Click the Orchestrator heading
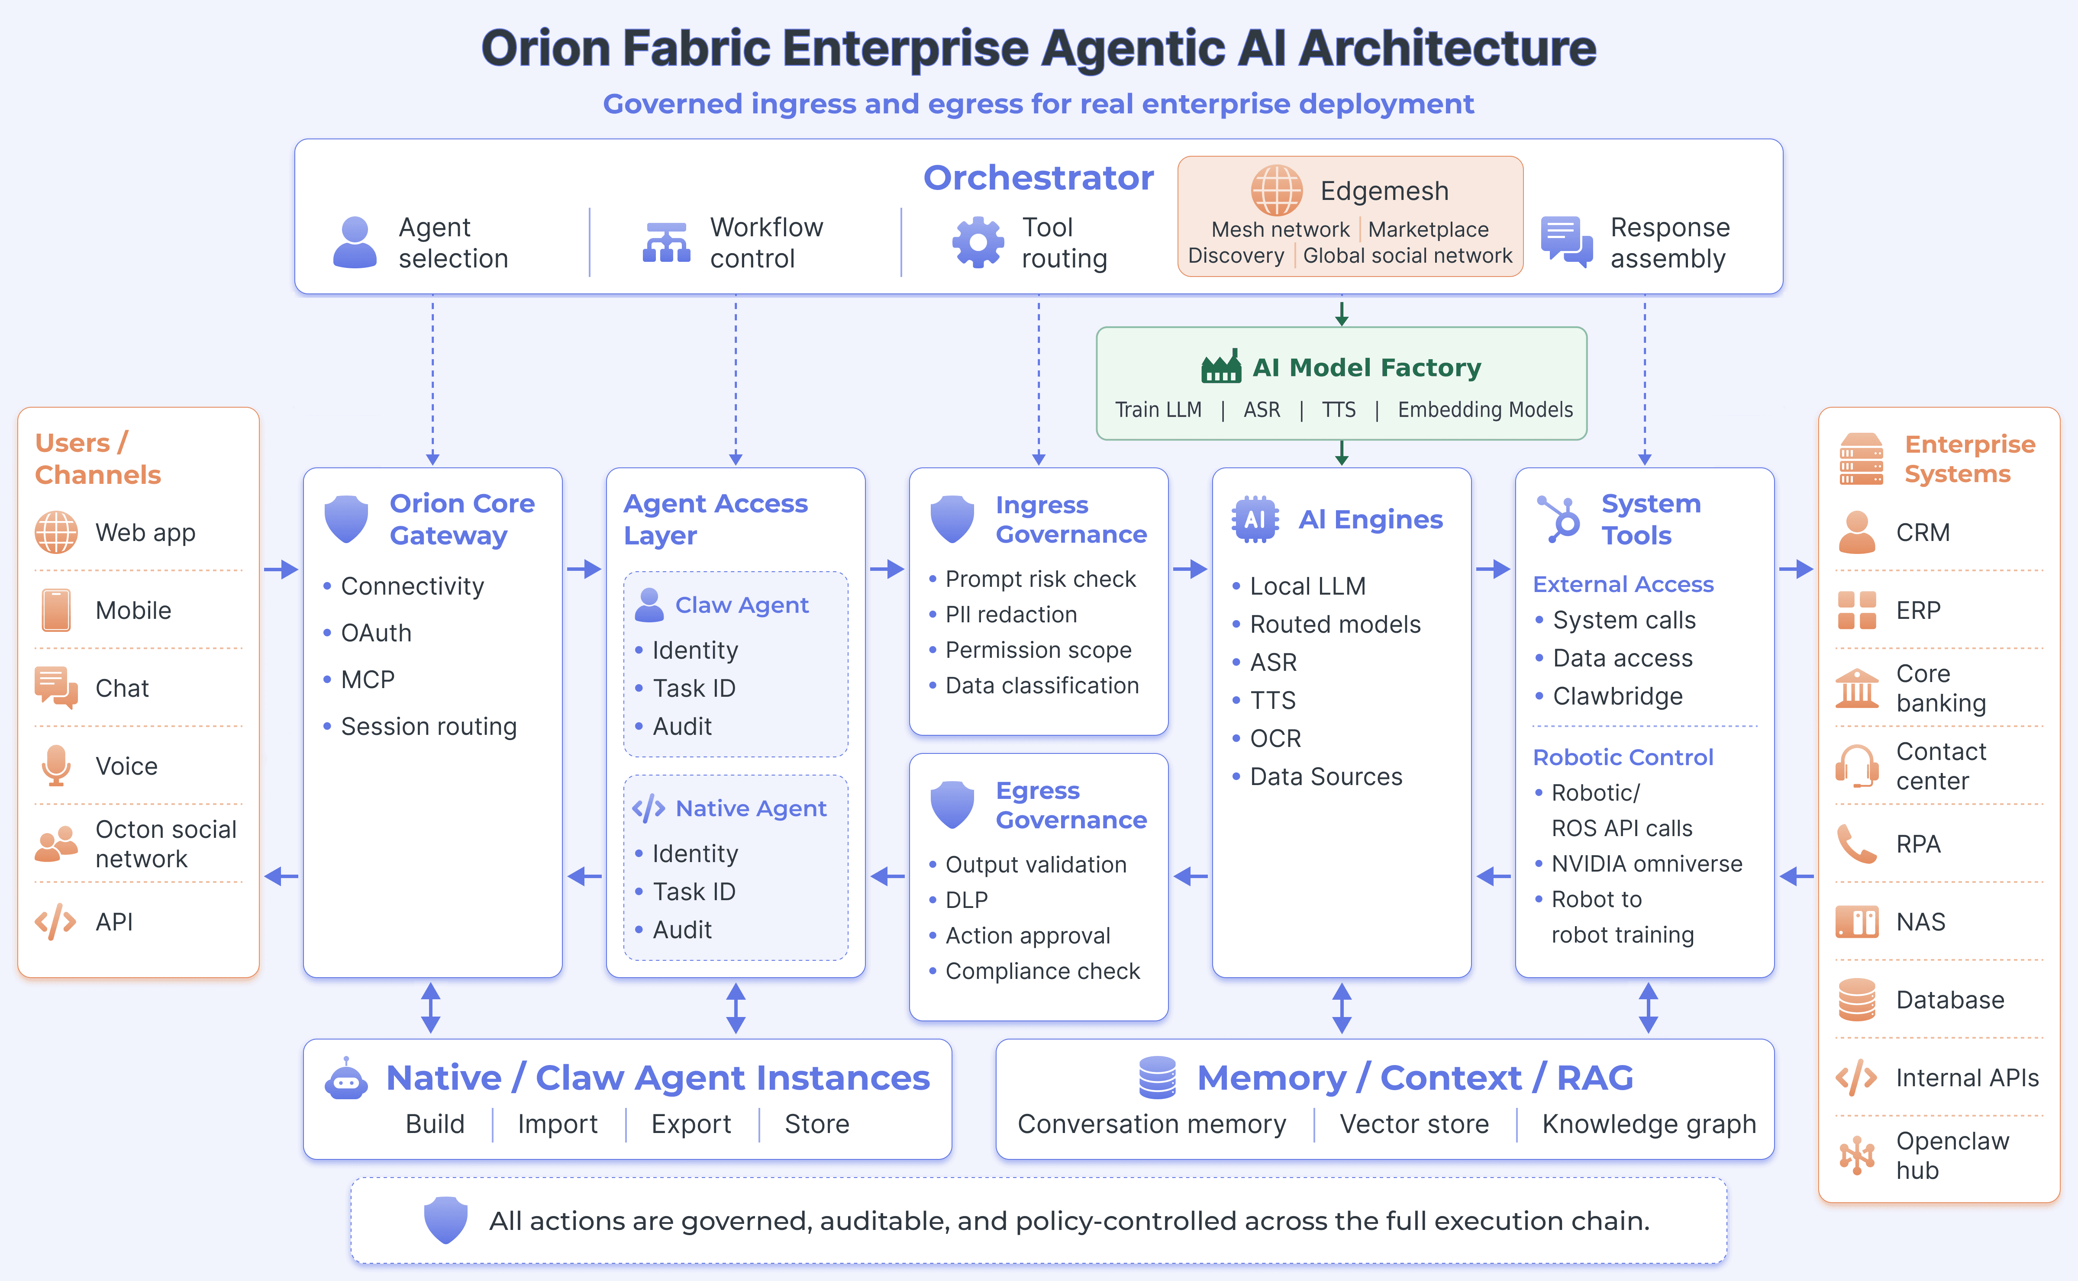pyautogui.click(x=1038, y=178)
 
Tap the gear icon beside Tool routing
pyautogui.click(x=978, y=242)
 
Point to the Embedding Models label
pyautogui.click(x=1485, y=410)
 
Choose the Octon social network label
pyautogui.click(x=166, y=844)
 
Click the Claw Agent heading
pyautogui.click(x=742, y=605)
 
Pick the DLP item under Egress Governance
pyautogui.click(x=966, y=900)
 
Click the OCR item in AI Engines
pyautogui.click(x=1275, y=739)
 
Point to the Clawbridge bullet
pyautogui.click(x=1618, y=696)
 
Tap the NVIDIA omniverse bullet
pyautogui.click(x=1647, y=864)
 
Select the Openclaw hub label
pyautogui.click(x=1952, y=1155)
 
